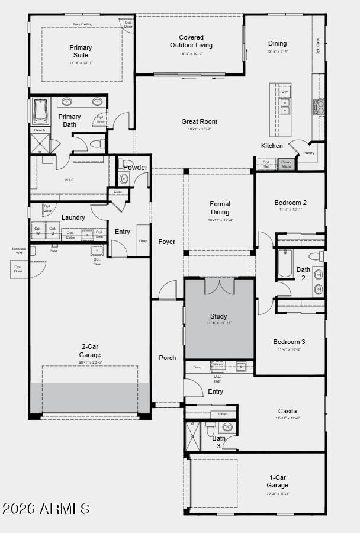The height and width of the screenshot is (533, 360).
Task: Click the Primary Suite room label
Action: [x=81, y=51]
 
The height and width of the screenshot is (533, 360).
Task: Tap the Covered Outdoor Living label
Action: [x=191, y=41]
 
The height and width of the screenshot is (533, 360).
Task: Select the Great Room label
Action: [x=199, y=121]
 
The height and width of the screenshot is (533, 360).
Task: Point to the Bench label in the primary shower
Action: [x=40, y=130]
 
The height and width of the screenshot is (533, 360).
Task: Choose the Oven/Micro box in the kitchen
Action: [x=286, y=164]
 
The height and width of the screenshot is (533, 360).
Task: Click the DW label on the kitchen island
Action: [x=285, y=92]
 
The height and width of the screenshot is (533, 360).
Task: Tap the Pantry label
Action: [x=308, y=153]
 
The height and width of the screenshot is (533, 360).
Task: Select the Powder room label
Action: [x=135, y=167]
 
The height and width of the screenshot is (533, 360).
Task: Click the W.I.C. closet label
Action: [x=69, y=180]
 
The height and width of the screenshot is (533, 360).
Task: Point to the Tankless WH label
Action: [x=18, y=251]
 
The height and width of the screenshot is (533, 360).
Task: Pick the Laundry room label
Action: [x=73, y=217]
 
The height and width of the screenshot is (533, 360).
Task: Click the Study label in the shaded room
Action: [x=218, y=316]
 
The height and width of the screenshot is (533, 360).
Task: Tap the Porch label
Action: [x=168, y=358]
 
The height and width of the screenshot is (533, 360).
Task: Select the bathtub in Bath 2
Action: [x=285, y=264]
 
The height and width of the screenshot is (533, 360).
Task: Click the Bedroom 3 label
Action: [x=289, y=342]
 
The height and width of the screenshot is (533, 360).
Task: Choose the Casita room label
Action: [x=288, y=411]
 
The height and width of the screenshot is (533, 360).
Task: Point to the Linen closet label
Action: [x=223, y=414]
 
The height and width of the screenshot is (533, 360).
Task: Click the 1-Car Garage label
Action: [x=277, y=481]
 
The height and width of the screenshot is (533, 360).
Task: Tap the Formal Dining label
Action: [x=220, y=208]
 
